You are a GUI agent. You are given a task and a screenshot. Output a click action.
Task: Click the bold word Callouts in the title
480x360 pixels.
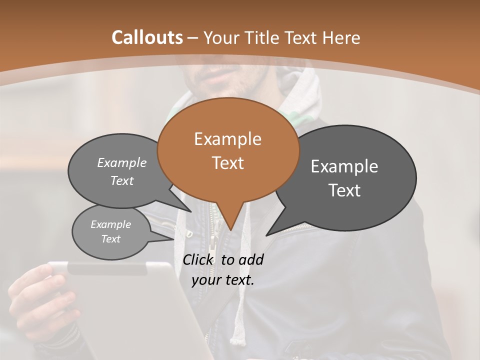tap(147, 37)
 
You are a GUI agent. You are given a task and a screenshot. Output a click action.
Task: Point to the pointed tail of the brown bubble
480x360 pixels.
tap(230, 227)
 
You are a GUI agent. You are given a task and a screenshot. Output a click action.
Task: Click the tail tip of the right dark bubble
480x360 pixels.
tap(267, 234)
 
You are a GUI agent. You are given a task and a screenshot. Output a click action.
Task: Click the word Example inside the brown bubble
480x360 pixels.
tap(227, 139)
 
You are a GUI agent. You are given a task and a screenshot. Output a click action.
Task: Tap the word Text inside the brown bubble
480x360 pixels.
tap(227, 163)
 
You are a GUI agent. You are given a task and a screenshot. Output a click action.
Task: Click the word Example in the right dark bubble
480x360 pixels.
tap(344, 166)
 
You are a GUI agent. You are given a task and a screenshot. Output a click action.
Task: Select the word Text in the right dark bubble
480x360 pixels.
tap(345, 190)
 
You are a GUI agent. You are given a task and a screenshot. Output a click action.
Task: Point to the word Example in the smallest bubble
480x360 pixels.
tap(110, 224)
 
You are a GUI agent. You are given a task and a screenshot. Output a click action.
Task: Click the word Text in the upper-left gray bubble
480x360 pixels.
tap(121, 180)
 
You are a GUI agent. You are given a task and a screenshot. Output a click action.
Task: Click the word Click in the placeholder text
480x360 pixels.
tap(199, 259)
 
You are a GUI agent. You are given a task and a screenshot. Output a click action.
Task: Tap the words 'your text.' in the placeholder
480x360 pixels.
tap(222, 280)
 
